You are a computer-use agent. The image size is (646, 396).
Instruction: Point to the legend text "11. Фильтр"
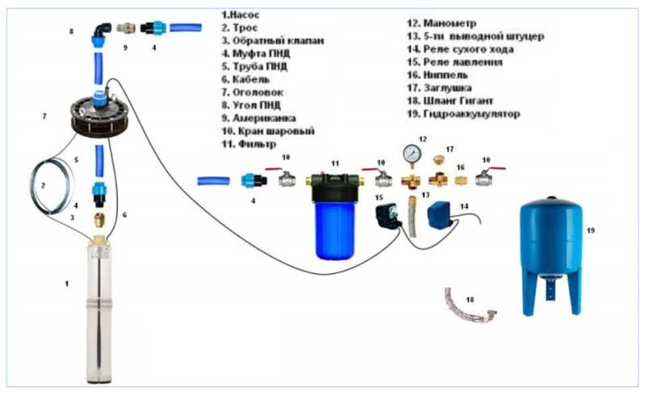click(241, 144)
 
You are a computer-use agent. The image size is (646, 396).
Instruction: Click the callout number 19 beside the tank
click(590, 230)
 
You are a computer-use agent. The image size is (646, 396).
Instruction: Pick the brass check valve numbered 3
click(99, 218)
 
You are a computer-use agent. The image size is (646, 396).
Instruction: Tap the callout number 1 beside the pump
click(68, 284)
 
